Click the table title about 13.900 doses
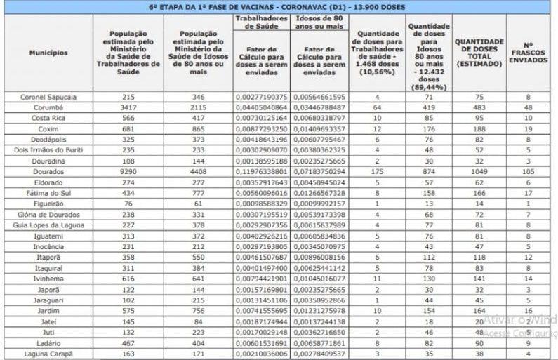coord(281,7)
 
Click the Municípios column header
coord(48,53)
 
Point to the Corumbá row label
coord(48,107)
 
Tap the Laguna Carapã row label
coord(48,354)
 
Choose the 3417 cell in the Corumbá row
coord(128,107)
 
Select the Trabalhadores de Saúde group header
coord(260,22)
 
